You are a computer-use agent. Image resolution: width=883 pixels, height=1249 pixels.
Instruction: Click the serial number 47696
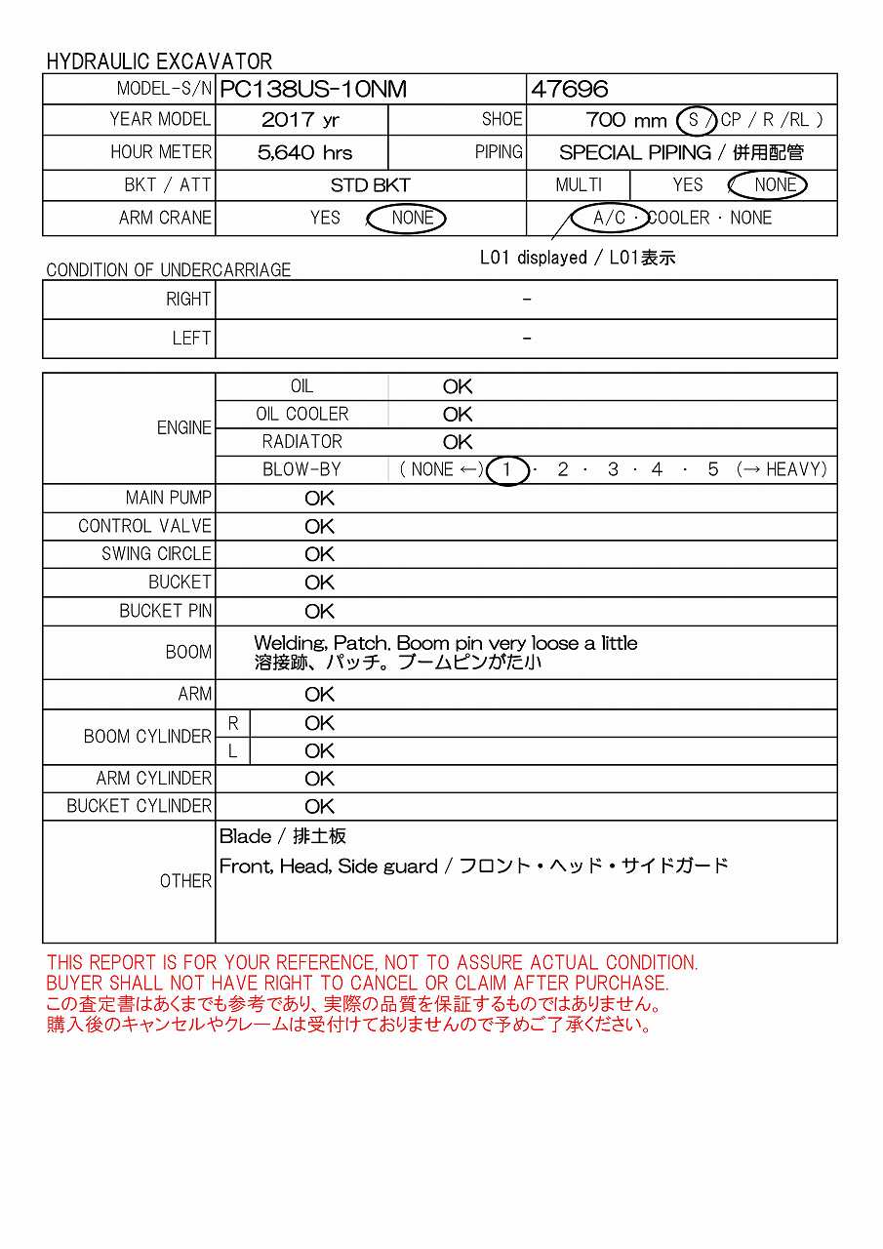click(569, 90)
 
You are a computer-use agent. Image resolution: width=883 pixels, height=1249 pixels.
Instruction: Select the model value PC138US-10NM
click(312, 90)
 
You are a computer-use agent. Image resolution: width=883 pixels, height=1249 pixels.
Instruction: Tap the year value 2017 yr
click(301, 120)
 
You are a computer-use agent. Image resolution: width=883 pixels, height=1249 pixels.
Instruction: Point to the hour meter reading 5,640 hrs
click(305, 152)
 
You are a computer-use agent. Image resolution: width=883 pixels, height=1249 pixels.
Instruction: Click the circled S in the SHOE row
click(695, 120)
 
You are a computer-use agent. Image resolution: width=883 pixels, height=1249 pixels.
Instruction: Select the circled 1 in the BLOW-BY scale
click(506, 469)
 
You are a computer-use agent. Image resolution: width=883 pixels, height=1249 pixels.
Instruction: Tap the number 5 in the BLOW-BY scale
click(712, 469)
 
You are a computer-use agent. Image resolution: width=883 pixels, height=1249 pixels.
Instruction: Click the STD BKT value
click(370, 185)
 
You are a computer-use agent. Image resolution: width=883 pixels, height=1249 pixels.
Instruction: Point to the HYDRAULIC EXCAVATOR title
click(159, 61)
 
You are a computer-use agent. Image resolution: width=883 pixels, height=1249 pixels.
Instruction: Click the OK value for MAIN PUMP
click(319, 498)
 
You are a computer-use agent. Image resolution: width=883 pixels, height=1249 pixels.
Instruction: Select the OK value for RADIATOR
click(457, 442)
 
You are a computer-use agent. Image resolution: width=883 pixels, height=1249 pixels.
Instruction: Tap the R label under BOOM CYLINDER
click(233, 723)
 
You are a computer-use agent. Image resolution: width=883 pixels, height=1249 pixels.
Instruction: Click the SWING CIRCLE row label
click(156, 554)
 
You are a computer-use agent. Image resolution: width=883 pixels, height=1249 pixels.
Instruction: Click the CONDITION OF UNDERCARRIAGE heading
click(168, 270)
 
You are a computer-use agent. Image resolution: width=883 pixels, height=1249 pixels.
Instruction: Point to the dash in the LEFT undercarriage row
click(527, 339)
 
